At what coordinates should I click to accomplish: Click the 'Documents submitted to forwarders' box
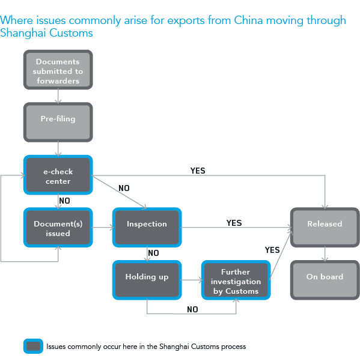tap(58, 70)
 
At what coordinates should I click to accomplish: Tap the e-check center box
tap(58, 175)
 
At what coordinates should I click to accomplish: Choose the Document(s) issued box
tap(58, 228)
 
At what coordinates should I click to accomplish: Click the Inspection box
tap(147, 226)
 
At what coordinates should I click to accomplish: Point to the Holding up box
tap(147, 279)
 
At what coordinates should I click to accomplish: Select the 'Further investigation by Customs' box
tap(236, 281)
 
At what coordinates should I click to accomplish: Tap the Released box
tap(325, 227)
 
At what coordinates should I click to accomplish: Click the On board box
tap(325, 279)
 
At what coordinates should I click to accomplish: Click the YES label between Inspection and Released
tap(234, 223)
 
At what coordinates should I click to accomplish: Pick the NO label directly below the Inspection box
tap(153, 253)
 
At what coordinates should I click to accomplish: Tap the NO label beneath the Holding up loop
tap(192, 309)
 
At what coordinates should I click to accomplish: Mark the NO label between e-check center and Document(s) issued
tap(65, 200)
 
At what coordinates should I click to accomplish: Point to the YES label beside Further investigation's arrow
tap(272, 250)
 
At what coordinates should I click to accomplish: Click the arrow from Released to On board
tap(325, 253)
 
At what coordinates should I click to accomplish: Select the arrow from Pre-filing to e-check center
tap(58, 147)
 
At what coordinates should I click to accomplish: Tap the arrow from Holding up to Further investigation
tap(191, 280)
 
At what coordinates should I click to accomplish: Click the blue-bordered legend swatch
tap(33, 346)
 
